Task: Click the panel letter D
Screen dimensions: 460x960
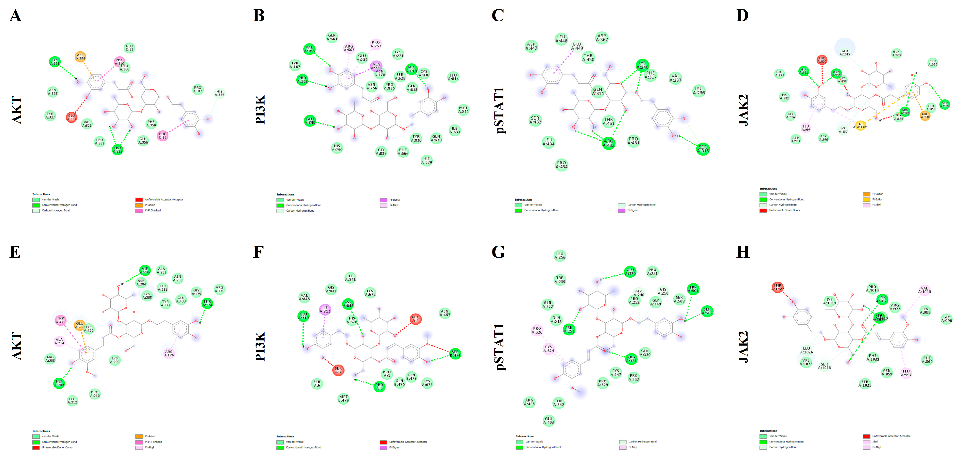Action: click(742, 16)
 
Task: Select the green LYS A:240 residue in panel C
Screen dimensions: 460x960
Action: click(642, 65)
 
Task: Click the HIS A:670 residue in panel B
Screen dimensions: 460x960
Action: click(426, 160)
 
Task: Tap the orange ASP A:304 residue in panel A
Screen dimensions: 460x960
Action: click(80, 57)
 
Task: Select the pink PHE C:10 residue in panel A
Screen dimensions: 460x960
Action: click(163, 136)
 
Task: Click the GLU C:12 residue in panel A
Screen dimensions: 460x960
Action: click(129, 48)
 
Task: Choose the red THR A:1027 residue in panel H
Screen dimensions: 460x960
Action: click(777, 287)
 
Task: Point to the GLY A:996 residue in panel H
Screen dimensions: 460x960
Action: click(946, 319)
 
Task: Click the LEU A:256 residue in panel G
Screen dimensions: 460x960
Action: click(560, 256)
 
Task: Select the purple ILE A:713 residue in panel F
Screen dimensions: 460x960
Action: click(325, 309)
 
